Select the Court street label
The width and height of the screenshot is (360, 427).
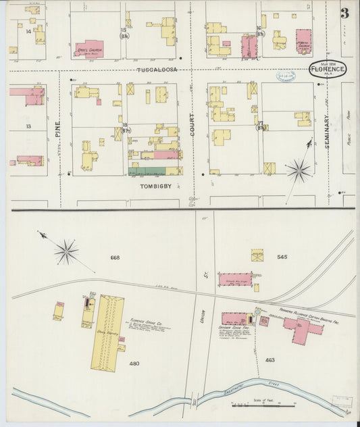pyautogui.click(x=192, y=125)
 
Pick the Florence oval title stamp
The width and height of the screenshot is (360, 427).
pyautogui.click(x=328, y=69)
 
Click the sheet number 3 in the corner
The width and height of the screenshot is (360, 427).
pyautogui.click(x=344, y=13)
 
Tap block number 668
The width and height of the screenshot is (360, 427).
pyautogui.click(x=115, y=257)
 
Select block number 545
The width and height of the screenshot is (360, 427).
pyautogui.click(x=282, y=257)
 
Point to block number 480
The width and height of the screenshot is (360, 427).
pyautogui.click(x=134, y=363)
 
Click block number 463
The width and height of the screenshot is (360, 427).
pyautogui.click(x=270, y=360)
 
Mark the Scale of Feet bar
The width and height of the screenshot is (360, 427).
pyautogui.click(x=263, y=405)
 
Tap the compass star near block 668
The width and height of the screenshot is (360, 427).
pyautogui.click(x=66, y=253)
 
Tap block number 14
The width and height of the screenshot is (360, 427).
pyautogui.click(x=29, y=31)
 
